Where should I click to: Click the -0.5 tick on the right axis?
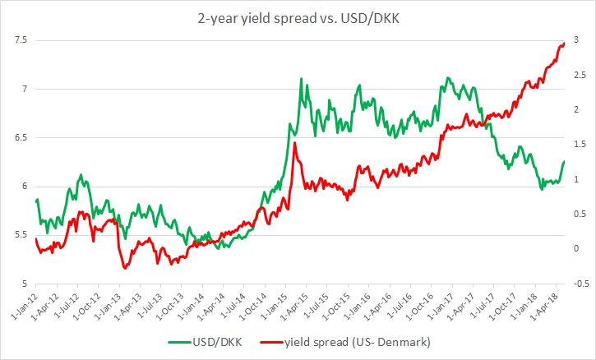point(581,284)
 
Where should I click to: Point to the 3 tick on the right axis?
point(576,40)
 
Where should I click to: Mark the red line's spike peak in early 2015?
point(294,143)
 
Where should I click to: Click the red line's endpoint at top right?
point(564,44)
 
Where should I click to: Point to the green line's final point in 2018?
point(564,161)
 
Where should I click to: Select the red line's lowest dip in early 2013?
point(124,268)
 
